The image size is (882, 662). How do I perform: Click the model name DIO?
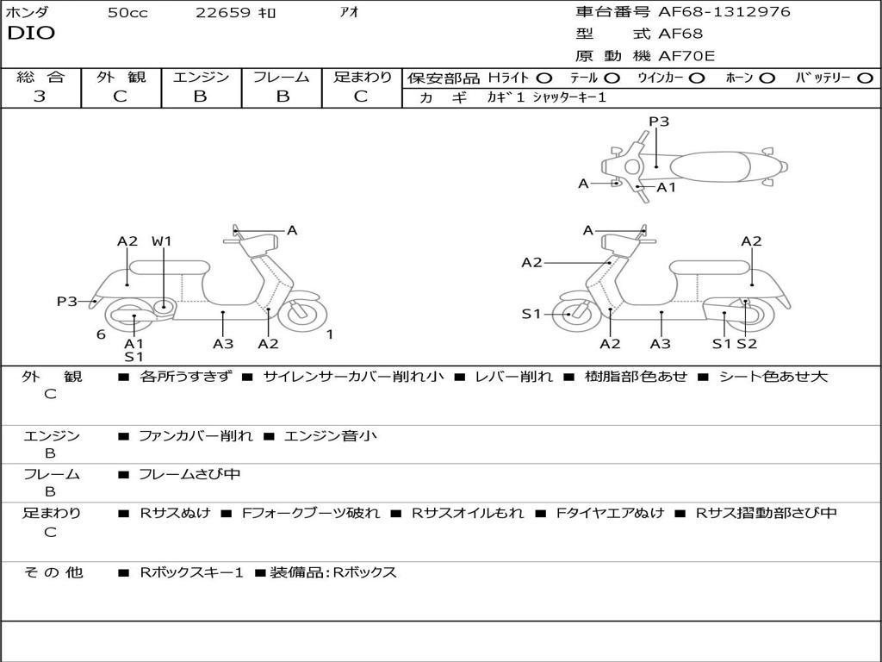click(31, 33)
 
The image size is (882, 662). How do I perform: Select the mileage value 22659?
click(222, 13)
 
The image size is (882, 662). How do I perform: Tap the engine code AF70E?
click(686, 56)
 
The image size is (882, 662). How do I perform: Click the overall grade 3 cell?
click(40, 97)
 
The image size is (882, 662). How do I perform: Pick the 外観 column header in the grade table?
click(121, 77)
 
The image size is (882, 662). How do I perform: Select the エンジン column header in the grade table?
click(201, 77)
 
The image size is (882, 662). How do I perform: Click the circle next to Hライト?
click(544, 78)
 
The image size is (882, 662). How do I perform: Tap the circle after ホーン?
click(767, 78)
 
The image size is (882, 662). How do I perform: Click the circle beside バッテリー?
click(866, 78)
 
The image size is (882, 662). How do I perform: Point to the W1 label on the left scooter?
click(162, 241)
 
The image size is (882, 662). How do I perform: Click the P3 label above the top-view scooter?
click(659, 122)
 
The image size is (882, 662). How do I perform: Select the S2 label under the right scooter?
click(747, 344)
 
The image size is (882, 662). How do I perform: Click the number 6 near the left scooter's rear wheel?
click(101, 335)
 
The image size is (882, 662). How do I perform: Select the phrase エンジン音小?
click(330, 436)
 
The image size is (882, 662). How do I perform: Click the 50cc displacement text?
click(127, 13)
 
